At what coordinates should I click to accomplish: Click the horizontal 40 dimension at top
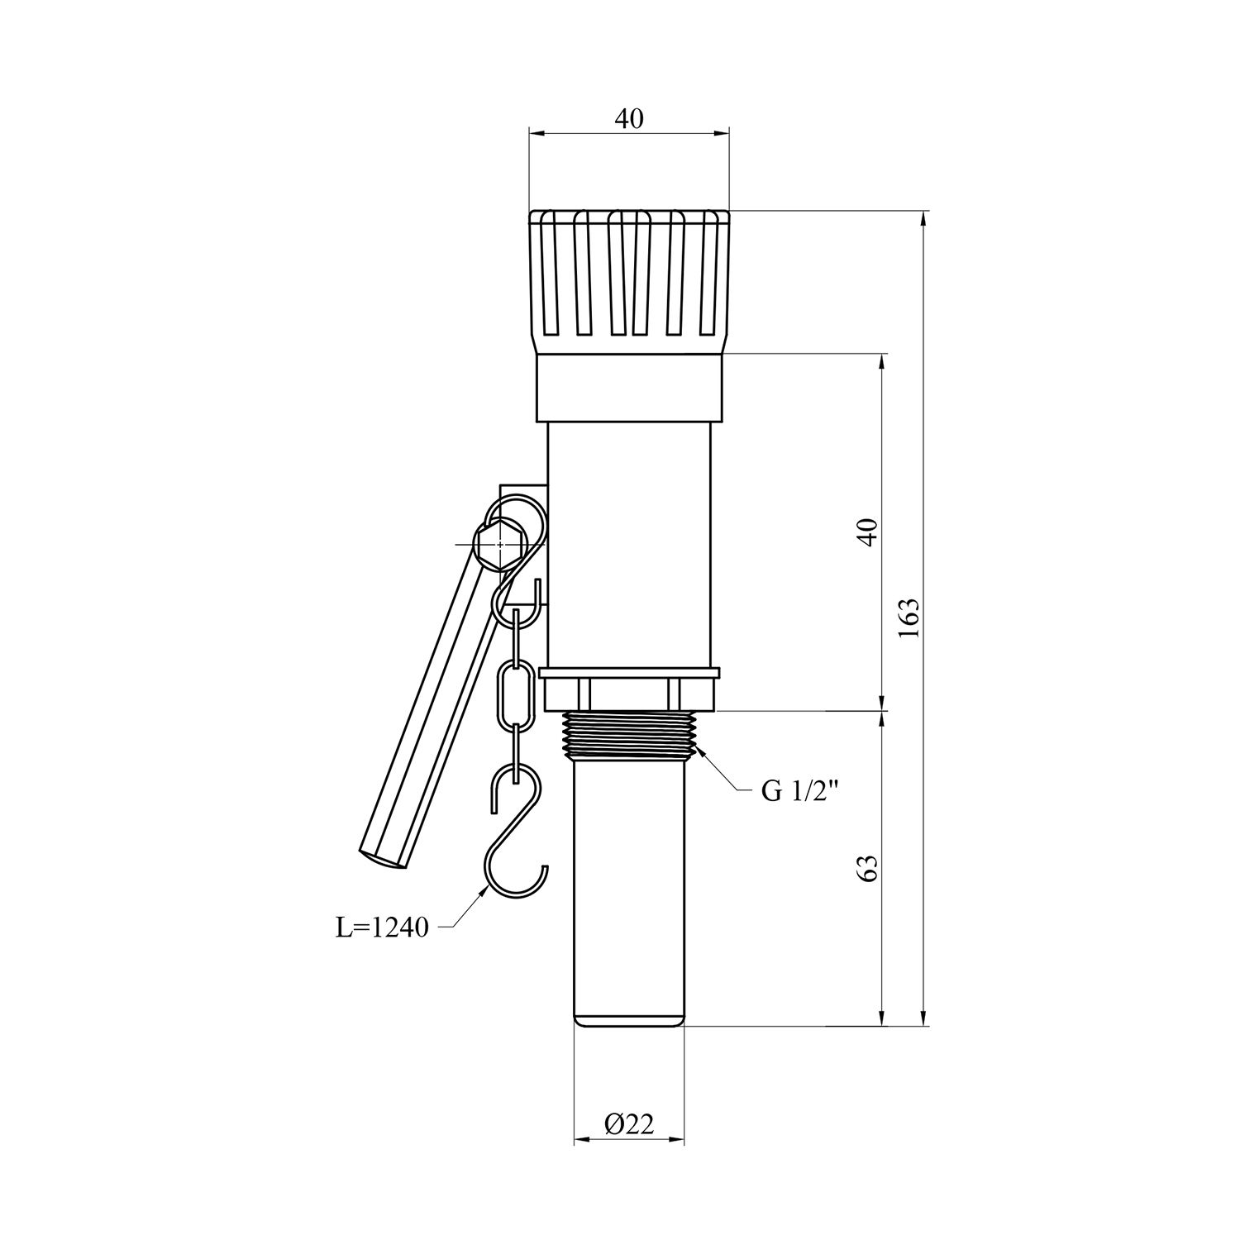click(628, 119)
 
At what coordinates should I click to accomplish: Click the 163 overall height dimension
click(909, 618)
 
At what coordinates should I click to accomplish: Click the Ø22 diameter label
click(629, 1123)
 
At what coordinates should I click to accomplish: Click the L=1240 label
click(382, 928)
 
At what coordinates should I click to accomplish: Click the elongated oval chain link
click(513, 694)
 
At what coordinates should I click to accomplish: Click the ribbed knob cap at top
click(629, 277)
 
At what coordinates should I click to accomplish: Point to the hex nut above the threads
click(630, 693)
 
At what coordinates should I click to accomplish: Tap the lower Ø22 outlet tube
click(629, 893)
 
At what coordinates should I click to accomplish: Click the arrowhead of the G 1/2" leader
click(701, 750)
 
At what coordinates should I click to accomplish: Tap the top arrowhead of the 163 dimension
click(923, 218)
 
